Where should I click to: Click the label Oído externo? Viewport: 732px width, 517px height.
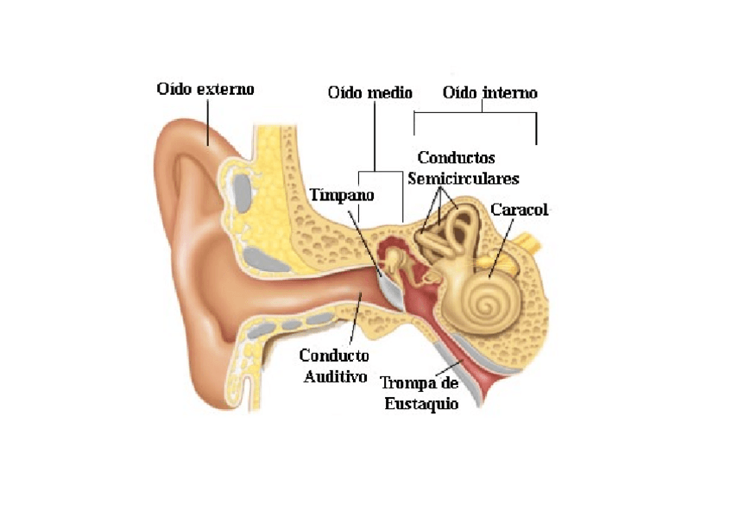pyautogui.click(x=205, y=89)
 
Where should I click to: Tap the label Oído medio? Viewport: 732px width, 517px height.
pyautogui.click(x=370, y=92)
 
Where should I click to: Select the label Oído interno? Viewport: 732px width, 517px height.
pyautogui.click(x=489, y=92)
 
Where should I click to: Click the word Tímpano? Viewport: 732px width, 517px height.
pyautogui.click(x=343, y=195)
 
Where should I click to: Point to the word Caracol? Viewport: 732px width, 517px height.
pyautogui.click(x=519, y=210)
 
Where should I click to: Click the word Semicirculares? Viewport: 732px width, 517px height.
pyautogui.click(x=463, y=179)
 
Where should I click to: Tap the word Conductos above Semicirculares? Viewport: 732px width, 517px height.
pyautogui.click(x=456, y=158)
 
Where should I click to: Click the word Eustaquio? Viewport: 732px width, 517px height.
pyautogui.click(x=420, y=403)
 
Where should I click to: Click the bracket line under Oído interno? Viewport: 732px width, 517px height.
pyautogui.click(x=475, y=112)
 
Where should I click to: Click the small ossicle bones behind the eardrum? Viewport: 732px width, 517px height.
pyautogui.click(x=396, y=259)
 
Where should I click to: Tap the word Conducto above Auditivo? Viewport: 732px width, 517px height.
pyautogui.click(x=334, y=356)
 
